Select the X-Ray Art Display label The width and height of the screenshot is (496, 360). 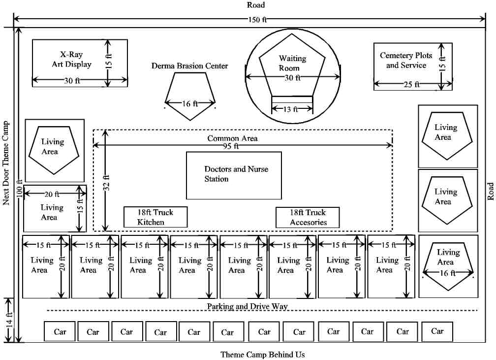72,59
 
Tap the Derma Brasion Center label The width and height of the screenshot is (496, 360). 189,65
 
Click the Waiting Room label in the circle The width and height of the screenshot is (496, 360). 292,63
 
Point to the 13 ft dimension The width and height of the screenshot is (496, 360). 291,109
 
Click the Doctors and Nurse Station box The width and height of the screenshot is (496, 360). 234,174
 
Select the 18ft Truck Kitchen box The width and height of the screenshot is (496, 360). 155,217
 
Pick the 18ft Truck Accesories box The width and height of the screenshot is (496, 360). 308,217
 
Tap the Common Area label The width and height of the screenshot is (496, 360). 232,138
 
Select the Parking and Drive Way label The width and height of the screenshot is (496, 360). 247,306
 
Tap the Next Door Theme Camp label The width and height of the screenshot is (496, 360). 6,163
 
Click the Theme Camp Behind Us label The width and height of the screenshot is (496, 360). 262,355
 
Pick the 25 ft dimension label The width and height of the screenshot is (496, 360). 411,84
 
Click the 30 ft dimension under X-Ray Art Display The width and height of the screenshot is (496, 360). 72,81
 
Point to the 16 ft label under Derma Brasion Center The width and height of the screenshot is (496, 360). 190,104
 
